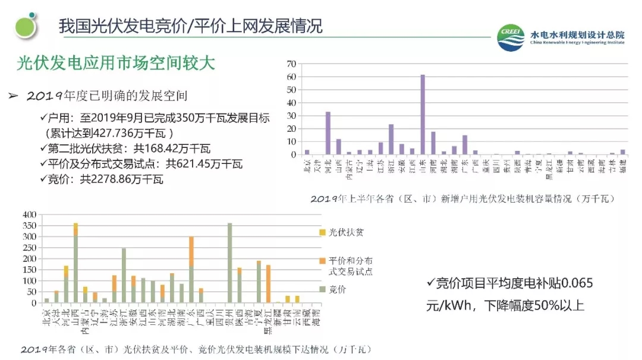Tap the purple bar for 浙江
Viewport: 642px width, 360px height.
(x=391, y=139)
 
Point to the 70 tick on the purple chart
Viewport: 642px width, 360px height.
(x=291, y=64)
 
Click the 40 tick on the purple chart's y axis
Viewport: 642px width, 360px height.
(x=291, y=102)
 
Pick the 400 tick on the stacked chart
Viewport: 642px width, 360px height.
(x=29, y=214)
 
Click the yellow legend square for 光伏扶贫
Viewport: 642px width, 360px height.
(x=322, y=232)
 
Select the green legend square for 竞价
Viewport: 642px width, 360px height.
(x=322, y=289)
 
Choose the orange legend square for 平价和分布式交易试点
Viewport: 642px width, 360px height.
(x=322, y=261)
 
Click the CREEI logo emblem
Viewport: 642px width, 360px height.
(x=511, y=39)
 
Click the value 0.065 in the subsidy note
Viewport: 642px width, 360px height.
(x=576, y=283)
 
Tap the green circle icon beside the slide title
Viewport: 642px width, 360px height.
(x=26, y=27)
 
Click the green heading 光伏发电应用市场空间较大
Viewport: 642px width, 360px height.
(x=115, y=63)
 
